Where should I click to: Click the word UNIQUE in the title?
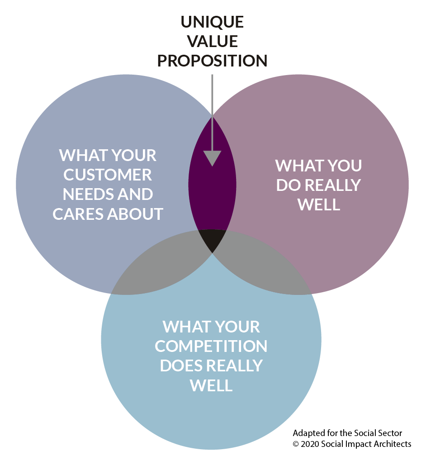pos(212,22)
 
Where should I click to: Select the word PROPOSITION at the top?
pos(212,61)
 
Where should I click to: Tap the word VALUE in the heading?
pos(212,41)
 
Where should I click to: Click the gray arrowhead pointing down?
pos(212,158)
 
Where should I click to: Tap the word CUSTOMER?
pos(108,175)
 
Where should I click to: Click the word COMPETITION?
pos(211,346)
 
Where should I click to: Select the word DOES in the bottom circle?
pos(182,366)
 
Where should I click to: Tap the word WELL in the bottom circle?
pos(211,385)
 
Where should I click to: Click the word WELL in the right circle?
pos(319,204)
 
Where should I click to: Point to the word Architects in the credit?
pos(395,444)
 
